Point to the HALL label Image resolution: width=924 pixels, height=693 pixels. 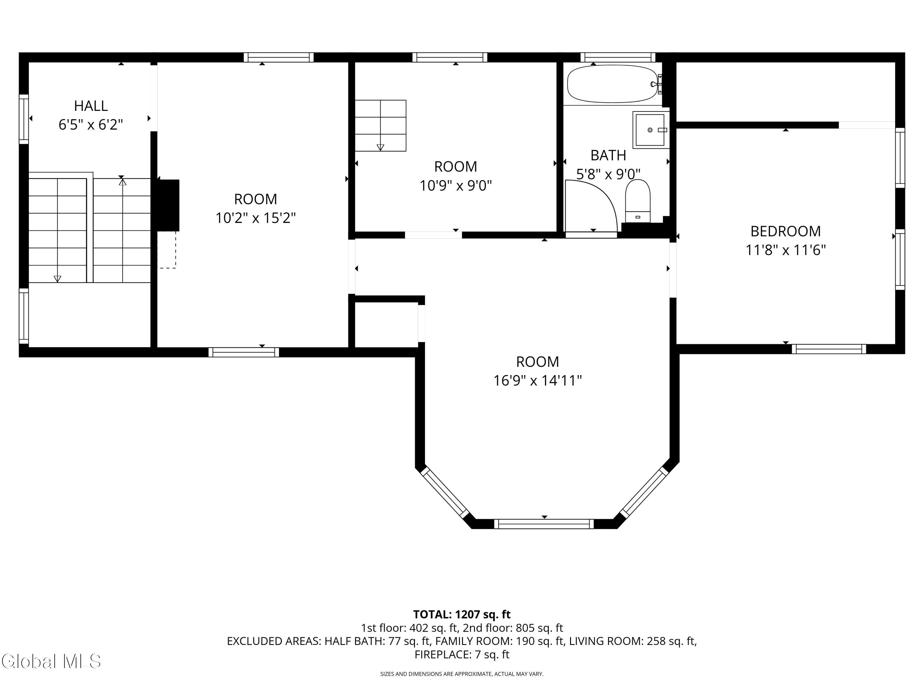pyautogui.click(x=91, y=106)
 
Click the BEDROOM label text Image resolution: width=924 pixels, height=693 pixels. pyautogui.click(x=786, y=231)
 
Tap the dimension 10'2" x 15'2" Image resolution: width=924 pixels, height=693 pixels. pyautogui.click(x=256, y=218)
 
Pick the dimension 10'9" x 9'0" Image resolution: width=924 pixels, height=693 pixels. pyautogui.click(x=456, y=185)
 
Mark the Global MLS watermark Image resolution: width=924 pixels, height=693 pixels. pyautogui.click(x=51, y=661)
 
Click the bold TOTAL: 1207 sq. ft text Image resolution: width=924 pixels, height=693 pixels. pyautogui.click(x=462, y=614)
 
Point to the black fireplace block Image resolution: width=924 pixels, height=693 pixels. pyautogui.click(x=168, y=205)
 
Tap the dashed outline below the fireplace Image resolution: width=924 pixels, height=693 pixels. pyautogui.click(x=167, y=250)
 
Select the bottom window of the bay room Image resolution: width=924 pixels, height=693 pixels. pyautogui.click(x=544, y=524)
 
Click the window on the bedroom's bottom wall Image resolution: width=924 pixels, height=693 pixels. pyautogui.click(x=829, y=349)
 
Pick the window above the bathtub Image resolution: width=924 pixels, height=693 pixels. pyautogui.click(x=618, y=57)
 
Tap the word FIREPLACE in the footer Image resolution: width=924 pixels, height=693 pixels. pyautogui.click(x=443, y=654)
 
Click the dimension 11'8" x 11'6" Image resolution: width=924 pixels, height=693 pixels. pyautogui.click(x=786, y=250)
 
